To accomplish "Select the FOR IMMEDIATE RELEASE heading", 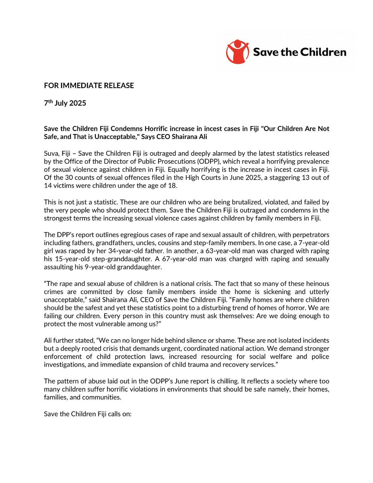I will click(x=89, y=85).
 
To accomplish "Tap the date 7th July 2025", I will click(x=65, y=103).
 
